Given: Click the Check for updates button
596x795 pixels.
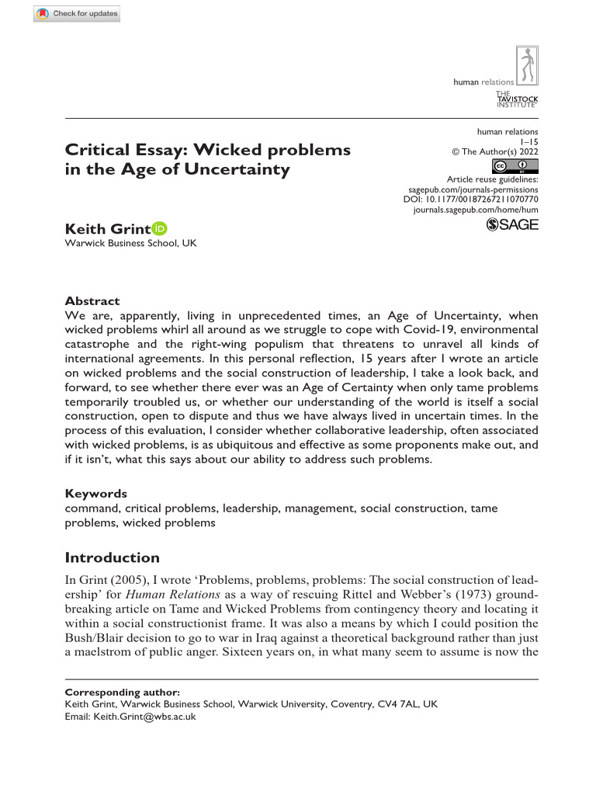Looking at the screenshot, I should click(78, 14).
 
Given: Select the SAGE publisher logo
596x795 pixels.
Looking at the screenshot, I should click(511, 224).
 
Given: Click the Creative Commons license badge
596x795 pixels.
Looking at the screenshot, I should click(515, 166).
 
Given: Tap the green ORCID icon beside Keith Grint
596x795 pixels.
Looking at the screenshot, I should click(160, 228).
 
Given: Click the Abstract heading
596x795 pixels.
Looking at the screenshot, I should click(92, 300).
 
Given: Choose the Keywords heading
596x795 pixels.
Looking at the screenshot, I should click(95, 494).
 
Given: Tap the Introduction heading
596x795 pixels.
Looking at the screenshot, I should click(112, 557).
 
